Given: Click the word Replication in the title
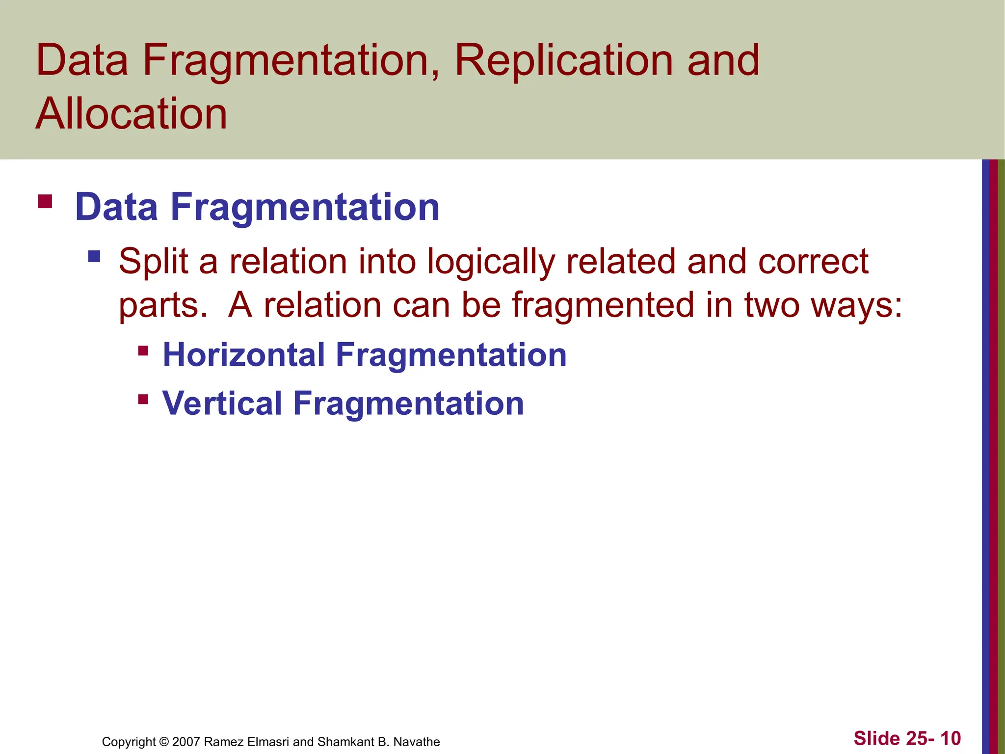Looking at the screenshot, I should pos(563,61).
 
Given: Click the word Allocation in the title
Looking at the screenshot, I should pos(132,114).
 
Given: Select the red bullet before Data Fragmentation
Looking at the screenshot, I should pos(45,202).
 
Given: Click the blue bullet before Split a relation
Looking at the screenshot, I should pos(94,256).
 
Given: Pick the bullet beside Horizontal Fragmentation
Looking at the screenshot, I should pos(143,350).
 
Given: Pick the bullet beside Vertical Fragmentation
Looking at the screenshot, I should pos(143,399).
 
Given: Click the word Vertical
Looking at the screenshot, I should pos(222,404).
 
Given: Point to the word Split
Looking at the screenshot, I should pos(154,262).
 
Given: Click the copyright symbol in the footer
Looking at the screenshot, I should pos(164,742).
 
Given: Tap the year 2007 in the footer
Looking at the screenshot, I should pos(186,742).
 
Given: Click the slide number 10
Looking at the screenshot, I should pos(950,738).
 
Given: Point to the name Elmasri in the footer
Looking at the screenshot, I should pos(269,742).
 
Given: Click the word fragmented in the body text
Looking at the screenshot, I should pos(603,305).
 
